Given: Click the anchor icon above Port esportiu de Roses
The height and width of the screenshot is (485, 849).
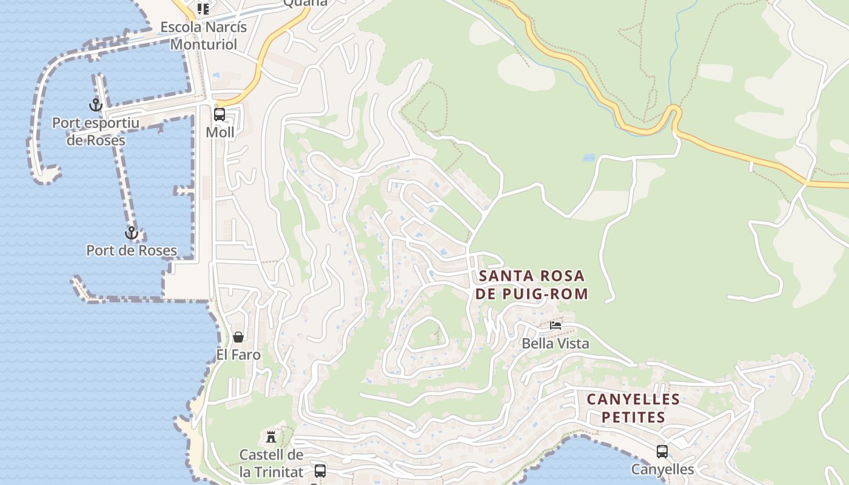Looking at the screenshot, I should [x=95, y=105].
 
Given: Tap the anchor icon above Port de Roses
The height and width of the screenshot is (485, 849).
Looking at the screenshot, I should [x=131, y=233].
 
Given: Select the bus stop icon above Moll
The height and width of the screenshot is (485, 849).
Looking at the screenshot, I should [x=220, y=114].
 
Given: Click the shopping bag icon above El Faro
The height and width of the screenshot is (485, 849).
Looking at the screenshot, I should [x=238, y=337].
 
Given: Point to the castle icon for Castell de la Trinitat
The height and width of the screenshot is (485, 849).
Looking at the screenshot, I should [x=271, y=436].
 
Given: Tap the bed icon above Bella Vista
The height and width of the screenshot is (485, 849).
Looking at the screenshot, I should [x=555, y=326].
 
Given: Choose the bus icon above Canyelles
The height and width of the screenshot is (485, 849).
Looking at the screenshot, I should [x=662, y=452].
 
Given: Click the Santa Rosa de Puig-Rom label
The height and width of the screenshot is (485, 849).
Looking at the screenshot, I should [x=532, y=285].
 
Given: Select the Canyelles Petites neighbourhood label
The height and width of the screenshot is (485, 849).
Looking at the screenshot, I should [x=633, y=408].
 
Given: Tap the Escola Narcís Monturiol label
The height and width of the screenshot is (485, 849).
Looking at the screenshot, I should [x=203, y=36].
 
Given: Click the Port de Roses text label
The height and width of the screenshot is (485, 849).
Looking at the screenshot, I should [x=132, y=250].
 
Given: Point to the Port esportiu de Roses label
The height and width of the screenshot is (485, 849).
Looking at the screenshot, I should [x=95, y=132].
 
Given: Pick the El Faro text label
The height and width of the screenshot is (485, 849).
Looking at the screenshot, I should [x=238, y=355].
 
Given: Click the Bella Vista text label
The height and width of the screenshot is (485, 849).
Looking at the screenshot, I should [x=555, y=344].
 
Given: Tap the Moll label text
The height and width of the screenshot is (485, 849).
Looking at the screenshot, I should [x=220, y=132].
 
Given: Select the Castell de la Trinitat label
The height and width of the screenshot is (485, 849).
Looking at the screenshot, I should [x=271, y=463].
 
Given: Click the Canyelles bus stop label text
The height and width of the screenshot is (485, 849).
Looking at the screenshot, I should [x=662, y=469].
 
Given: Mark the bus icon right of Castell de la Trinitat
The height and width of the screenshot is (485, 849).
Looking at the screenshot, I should [x=320, y=470].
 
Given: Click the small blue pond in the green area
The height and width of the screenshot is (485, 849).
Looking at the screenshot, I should [x=588, y=158].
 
